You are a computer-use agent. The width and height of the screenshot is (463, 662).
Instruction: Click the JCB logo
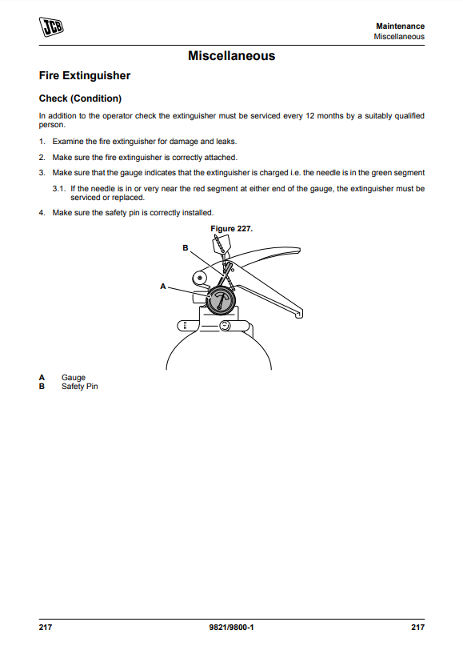[x=51, y=26]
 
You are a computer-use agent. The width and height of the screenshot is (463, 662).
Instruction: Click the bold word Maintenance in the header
[x=400, y=26]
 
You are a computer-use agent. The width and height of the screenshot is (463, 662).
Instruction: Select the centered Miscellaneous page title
[x=232, y=56]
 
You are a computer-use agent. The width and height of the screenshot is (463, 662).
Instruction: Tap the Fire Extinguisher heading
[x=85, y=75]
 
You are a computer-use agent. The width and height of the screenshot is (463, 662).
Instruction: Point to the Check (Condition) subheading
[x=80, y=98]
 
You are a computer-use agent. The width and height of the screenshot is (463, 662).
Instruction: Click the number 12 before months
[x=310, y=116]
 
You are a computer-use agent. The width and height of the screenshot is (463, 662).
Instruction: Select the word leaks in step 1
[x=226, y=142]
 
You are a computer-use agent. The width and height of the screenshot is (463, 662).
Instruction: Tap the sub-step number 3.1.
[x=59, y=189]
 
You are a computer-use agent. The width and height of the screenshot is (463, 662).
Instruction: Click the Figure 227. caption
[x=232, y=229]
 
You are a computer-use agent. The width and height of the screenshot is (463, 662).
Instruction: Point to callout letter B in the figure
[x=185, y=248]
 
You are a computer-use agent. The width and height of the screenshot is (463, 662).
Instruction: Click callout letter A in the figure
[x=163, y=287]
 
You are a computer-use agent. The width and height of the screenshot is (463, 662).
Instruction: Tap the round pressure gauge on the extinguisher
[x=221, y=300]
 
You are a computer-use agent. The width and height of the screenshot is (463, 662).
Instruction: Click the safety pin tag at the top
[x=221, y=243]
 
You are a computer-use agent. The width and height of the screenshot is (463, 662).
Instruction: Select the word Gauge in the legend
[x=74, y=378]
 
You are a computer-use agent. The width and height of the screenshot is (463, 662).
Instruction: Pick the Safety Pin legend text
[x=80, y=387]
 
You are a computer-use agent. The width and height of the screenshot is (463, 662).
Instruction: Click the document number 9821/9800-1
[x=232, y=628]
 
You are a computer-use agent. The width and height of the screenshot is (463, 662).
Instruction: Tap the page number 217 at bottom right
[x=418, y=628]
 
